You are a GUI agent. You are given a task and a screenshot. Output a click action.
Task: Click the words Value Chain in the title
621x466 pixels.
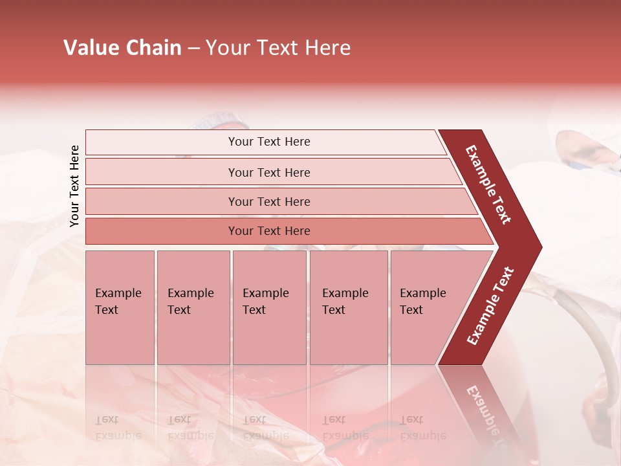(122, 48)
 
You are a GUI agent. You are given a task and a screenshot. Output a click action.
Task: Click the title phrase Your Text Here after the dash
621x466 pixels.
(278, 48)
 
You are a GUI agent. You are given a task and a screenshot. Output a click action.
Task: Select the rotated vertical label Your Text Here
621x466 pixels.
(75, 186)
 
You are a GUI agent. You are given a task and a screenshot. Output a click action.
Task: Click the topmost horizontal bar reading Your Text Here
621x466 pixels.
(268, 142)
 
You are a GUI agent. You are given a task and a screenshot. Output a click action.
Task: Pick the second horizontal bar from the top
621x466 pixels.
(268, 172)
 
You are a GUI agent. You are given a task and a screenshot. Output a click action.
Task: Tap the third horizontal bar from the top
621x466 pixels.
(268, 201)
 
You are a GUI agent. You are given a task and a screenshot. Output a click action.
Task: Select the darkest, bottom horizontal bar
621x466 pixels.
(268, 231)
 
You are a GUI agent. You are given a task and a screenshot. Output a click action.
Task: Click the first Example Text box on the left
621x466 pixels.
(120, 307)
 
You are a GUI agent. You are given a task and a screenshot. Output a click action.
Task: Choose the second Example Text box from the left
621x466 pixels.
(193, 307)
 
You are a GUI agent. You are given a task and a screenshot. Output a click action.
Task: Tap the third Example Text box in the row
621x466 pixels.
(268, 307)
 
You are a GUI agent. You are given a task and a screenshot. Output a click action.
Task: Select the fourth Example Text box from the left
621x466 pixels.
(348, 307)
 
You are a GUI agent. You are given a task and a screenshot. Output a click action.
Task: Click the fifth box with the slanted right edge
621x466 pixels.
(427, 307)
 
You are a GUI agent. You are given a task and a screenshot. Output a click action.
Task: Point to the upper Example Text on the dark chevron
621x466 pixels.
(489, 184)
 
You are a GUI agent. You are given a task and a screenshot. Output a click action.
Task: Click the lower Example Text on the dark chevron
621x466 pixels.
(490, 306)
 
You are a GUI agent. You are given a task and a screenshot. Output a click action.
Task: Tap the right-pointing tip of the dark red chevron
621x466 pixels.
(537, 247)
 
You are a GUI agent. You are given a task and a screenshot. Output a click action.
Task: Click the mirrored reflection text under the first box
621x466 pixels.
(118, 428)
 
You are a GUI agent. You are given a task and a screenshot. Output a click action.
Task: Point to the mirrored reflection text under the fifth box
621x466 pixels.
(422, 428)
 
